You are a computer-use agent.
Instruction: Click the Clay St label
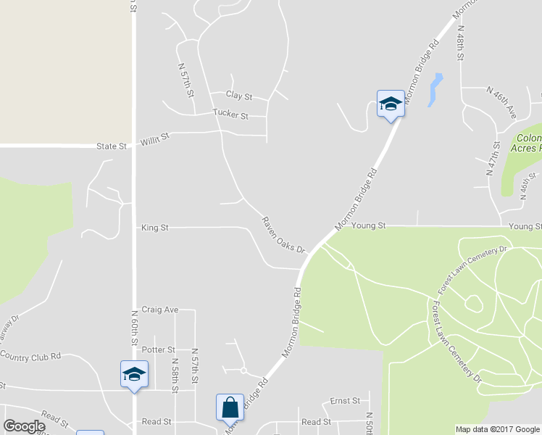click(238, 96)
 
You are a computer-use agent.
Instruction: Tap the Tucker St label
click(230, 115)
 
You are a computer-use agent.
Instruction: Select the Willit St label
click(155, 136)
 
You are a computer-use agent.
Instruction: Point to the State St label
click(112, 146)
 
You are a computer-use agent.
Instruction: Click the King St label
click(154, 228)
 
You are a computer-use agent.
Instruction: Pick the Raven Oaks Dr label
click(284, 235)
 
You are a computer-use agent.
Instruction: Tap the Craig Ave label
click(160, 310)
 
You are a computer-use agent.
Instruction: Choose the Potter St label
click(159, 349)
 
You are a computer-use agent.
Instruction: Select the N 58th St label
click(175, 375)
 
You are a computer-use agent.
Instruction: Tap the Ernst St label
click(346, 401)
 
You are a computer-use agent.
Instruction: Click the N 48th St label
click(460, 43)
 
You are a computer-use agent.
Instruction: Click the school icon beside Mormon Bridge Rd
click(391, 104)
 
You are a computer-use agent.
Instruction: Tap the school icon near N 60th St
click(134, 375)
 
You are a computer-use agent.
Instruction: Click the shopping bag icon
click(230, 407)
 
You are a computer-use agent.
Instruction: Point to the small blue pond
click(435, 89)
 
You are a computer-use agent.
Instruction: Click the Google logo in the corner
click(25, 426)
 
